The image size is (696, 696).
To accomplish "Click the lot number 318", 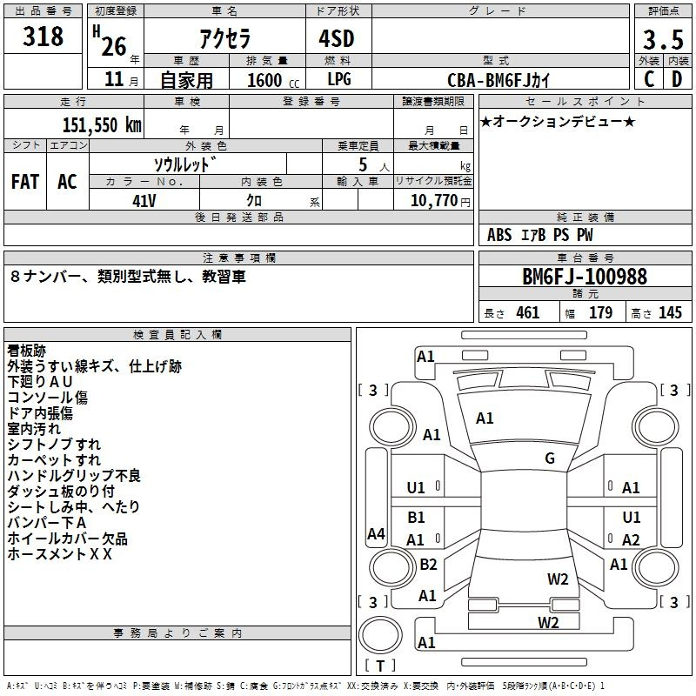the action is [43, 37].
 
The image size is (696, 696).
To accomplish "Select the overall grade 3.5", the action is [663, 39].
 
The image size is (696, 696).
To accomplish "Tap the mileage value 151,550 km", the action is [102, 125].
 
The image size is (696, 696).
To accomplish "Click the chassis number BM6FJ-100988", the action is [585, 277].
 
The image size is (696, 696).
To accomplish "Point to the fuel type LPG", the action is [339, 79].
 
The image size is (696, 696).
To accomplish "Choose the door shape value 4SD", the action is [337, 38].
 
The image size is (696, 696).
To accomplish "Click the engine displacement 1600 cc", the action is [273, 80].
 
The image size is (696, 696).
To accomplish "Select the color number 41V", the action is [144, 201].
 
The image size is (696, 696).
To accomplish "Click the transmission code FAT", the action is [25, 182].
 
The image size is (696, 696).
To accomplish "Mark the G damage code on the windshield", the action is [550, 458].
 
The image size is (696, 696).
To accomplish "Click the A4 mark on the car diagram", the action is [376, 533].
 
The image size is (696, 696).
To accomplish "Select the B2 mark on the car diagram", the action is [428, 564].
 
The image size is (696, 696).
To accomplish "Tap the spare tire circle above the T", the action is [380, 635].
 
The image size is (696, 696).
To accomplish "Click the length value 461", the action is [528, 312].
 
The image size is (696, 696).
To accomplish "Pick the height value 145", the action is [670, 312].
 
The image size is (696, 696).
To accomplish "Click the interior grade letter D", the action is [677, 79].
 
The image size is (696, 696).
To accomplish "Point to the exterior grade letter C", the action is [649, 79].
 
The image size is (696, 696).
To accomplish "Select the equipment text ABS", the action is [499, 235].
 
